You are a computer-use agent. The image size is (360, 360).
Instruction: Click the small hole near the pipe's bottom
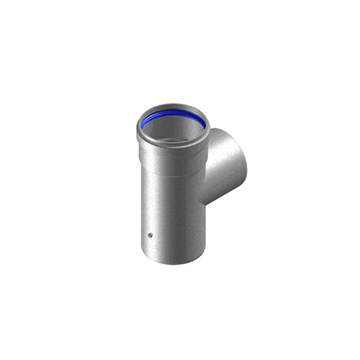(x=150, y=237)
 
